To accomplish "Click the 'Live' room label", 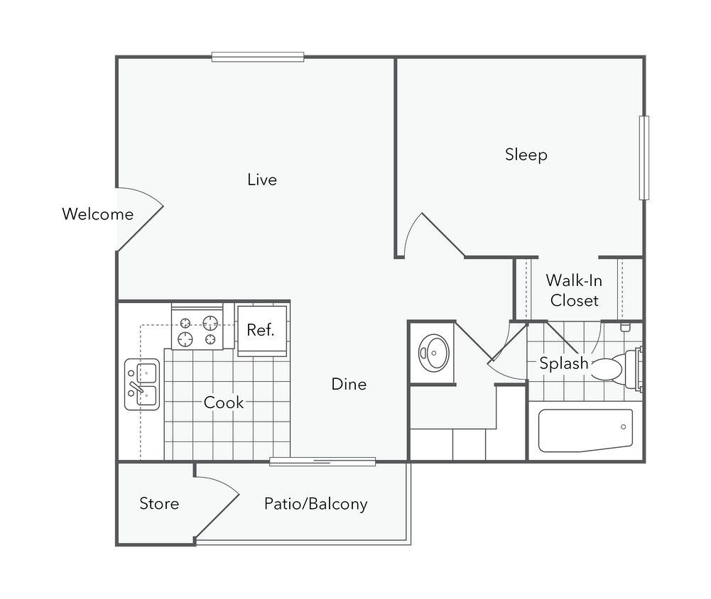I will coord(261,180).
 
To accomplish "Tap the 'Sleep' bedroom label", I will coord(526,155).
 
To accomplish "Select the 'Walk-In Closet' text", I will coord(574,290).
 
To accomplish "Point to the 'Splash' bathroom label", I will coord(563,363).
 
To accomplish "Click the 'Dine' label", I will coord(349,384).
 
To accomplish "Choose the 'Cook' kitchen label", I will coord(224,402).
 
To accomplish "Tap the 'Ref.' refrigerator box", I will coord(261,330).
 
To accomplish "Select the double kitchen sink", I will coord(142,384).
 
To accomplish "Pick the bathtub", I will coord(585,430).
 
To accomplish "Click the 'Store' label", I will coord(159,504).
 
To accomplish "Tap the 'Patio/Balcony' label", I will coord(315,504).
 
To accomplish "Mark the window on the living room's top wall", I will coord(258,55).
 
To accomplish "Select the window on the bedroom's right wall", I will coord(644,158).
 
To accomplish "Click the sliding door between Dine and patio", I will coord(322,462).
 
